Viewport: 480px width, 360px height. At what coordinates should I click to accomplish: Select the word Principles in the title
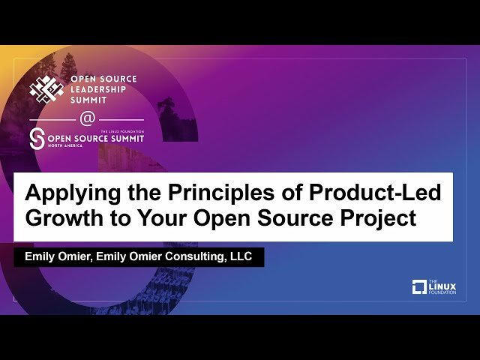click(x=202, y=193)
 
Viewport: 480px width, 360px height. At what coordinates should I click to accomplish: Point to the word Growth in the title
click(x=61, y=220)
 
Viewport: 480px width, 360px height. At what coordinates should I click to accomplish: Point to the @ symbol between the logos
click(x=87, y=119)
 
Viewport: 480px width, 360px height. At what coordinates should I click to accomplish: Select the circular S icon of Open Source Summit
click(x=37, y=139)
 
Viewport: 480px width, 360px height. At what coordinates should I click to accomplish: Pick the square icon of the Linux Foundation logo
click(x=419, y=286)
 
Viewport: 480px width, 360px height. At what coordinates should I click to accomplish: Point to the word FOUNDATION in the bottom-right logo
click(x=443, y=292)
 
